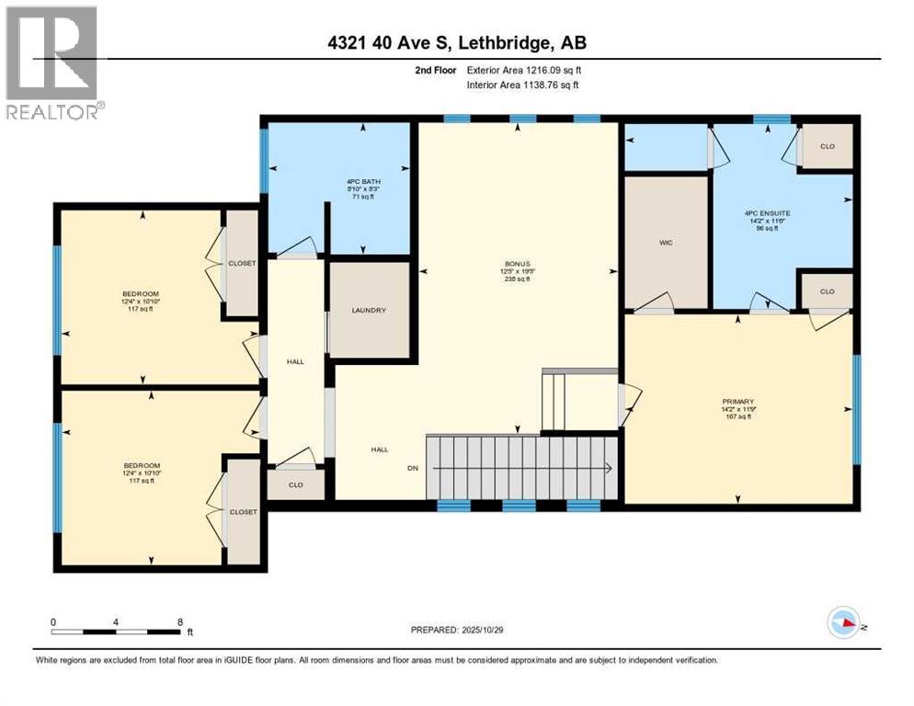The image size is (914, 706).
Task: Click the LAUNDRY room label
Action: [368, 311]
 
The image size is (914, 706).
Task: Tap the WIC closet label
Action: [667, 244]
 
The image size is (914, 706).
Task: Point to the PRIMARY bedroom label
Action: [737, 402]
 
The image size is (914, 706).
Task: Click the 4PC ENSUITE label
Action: [767, 212]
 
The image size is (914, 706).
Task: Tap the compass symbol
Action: [843, 625]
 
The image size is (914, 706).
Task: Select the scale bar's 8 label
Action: [179, 621]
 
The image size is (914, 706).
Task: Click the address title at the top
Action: [456, 42]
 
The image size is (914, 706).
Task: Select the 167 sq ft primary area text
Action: [737, 416]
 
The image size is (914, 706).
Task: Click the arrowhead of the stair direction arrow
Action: [610, 468]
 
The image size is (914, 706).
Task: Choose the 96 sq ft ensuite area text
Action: [767, 228]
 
